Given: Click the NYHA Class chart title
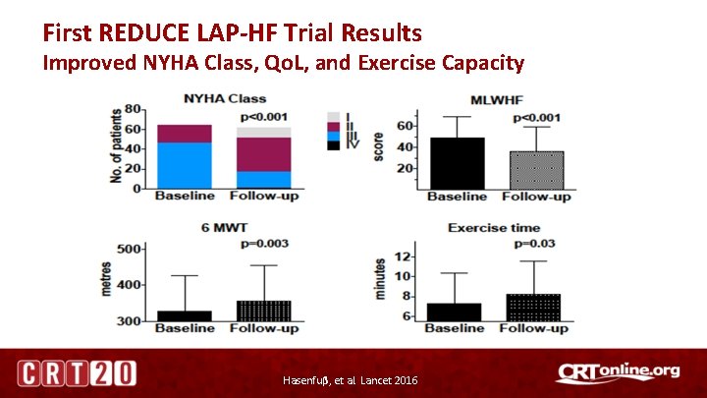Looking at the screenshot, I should pyautogui.click(x=225, y=99).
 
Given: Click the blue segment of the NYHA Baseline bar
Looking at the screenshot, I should pyautogui.click(x=184, y=165).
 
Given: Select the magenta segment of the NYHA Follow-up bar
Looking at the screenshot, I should pyautogui.click(x=264, y=154).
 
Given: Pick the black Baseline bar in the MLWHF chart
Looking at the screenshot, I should pyautogui.click(x=457, y=163).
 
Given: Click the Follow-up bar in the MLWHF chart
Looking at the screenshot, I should pyautogui.click(x=536, y=170).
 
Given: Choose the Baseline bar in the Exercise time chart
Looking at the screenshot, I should pyautogui.click(x=454, y=312).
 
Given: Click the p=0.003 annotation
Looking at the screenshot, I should pyautogui.click(x=265, y=242).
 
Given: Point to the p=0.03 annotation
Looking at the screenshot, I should pyautogui.click(x=535, y=243).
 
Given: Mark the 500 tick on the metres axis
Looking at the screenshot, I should pyautogui.click(x=128, y=250).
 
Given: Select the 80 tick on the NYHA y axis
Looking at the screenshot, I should pyautogui.click(x=131, y=108).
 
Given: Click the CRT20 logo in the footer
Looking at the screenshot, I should pyautogui.click(x=76, y=373).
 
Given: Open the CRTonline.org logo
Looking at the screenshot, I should pyautogui.click(x=618, y=371).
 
